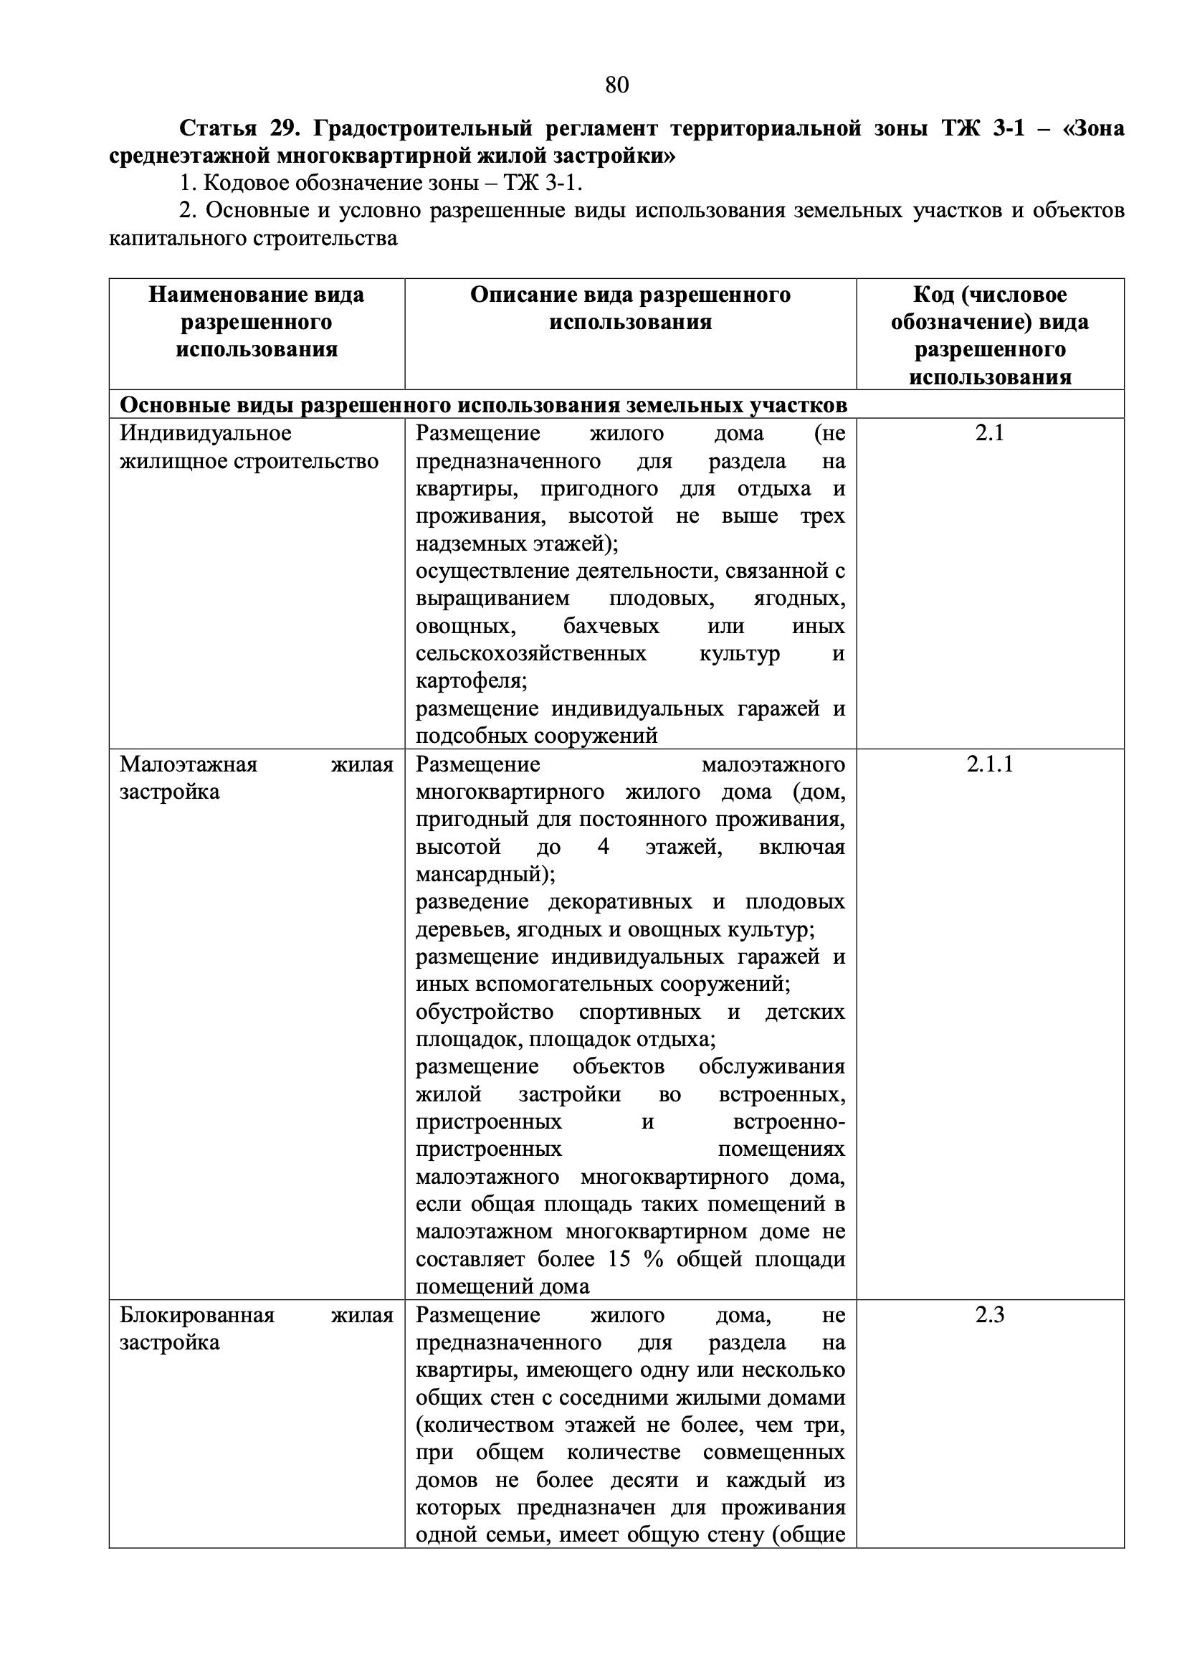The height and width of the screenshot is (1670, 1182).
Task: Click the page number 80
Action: [x=616, y=85]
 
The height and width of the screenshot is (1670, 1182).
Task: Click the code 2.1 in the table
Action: [x=990, y=433]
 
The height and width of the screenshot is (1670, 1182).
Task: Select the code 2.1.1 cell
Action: [x=990, y=764]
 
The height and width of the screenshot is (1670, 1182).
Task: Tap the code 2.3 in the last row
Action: [x=990, y=1316]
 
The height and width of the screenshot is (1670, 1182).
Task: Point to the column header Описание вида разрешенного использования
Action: [x=630, y=308]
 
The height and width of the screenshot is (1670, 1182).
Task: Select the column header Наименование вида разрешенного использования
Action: [x=256, y=322]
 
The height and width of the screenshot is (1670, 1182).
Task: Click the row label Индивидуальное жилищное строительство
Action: [x=249, y=447]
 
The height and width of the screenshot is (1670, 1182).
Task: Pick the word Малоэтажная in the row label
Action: [x=189, y=764]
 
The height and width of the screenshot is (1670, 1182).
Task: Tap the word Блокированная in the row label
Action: [x=197, y=1316]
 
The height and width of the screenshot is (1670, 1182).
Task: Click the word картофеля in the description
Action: [x=468, y=681]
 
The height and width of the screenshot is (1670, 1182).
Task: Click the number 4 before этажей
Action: [x=603, y=848]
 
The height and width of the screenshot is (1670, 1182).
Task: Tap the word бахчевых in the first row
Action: [x=611, y=626]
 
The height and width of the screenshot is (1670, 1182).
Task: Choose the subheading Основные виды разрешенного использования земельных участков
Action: [x=483, y=405]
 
